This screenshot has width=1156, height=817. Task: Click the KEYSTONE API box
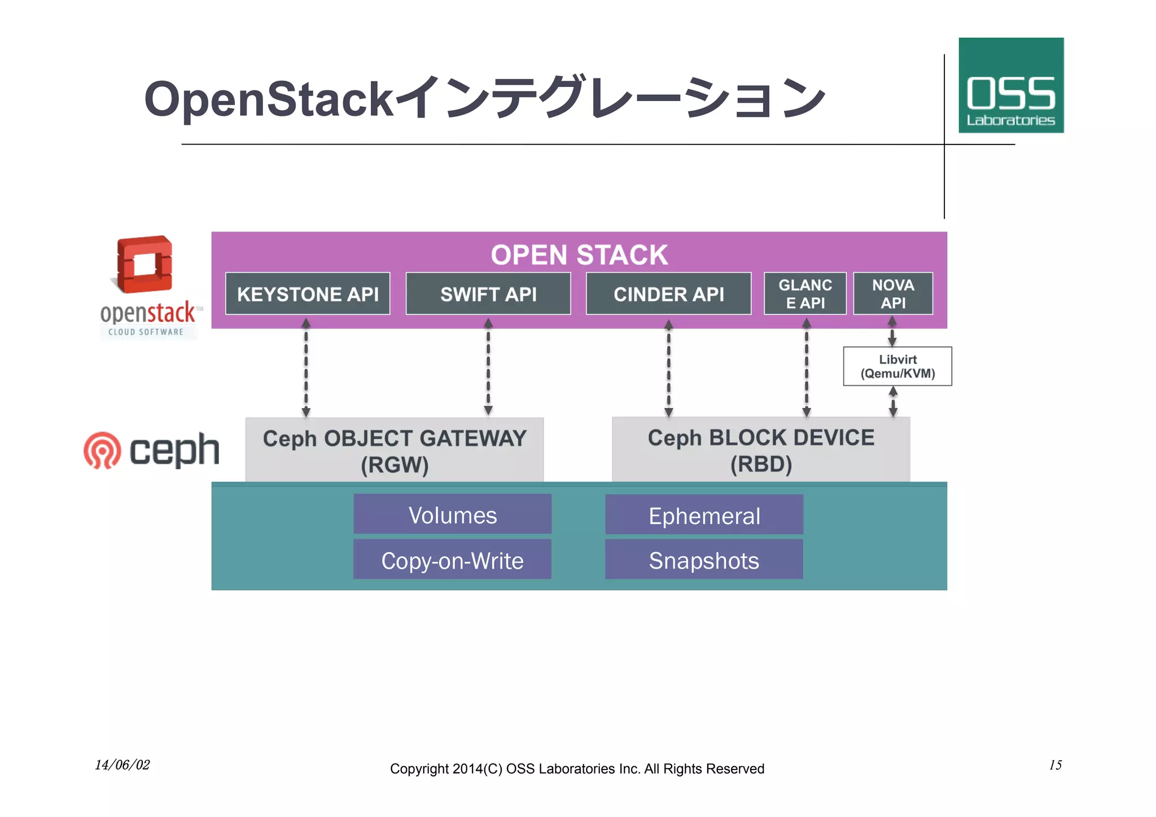pos(308,294)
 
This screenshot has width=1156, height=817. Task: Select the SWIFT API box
pos(488,294)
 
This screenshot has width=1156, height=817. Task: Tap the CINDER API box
pos(668,294)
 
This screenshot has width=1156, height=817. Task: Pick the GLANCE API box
pos(805,294)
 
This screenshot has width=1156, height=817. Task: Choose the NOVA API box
pos(893,294)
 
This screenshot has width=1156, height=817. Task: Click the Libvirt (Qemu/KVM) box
pos(897,366)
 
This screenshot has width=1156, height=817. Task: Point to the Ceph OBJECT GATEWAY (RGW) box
pos(395,451)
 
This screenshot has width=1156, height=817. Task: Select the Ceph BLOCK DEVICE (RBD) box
pos(761,450)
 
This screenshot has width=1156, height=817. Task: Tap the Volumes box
pos(453,514)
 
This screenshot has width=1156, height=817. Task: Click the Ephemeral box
pos(704,515)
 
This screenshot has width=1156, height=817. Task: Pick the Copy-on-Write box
pos(452,560)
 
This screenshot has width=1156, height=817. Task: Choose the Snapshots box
pos(704,560)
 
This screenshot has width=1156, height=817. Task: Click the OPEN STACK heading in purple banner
pos(579,255)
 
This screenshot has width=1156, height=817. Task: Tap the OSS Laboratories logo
pos(1011,86)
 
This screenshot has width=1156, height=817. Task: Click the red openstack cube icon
pos(144,264)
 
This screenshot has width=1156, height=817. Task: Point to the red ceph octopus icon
pos(102,451)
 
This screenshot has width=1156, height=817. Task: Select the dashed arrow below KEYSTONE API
pos(306,368)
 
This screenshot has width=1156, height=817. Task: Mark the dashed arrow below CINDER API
pos(668,368)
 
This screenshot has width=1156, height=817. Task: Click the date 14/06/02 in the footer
pos(122,765)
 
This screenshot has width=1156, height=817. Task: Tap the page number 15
pos(1055,765)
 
